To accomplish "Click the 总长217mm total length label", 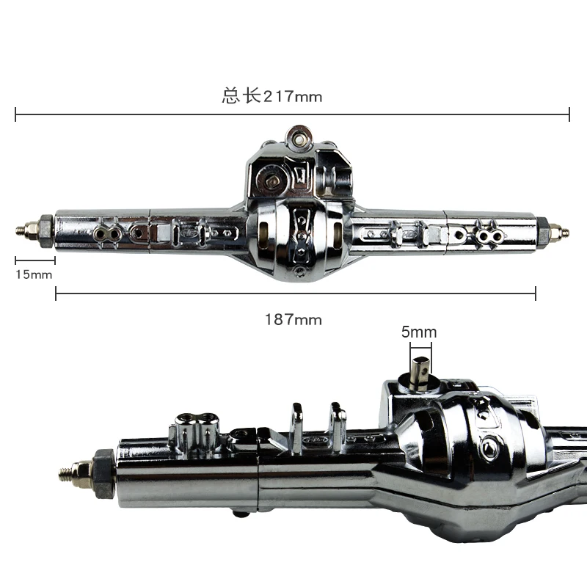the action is [271, 96].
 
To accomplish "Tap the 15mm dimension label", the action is [34, 274].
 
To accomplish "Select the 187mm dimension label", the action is [293, 320].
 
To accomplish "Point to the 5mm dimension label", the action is [419, 332].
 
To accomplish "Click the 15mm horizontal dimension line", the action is [35, 260].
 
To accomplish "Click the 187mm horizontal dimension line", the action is [296, 293].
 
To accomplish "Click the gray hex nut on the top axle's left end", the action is [46, 231].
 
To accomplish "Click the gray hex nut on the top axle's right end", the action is [542, 232].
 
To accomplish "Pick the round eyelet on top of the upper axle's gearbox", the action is [299, 139].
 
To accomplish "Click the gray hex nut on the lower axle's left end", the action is [104, 473].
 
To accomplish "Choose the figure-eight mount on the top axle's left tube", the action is [107, 234].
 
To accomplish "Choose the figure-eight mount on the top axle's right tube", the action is [490, 236].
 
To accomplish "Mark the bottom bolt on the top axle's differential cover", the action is [299, 271].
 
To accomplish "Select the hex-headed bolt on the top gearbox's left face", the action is [271, 181].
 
